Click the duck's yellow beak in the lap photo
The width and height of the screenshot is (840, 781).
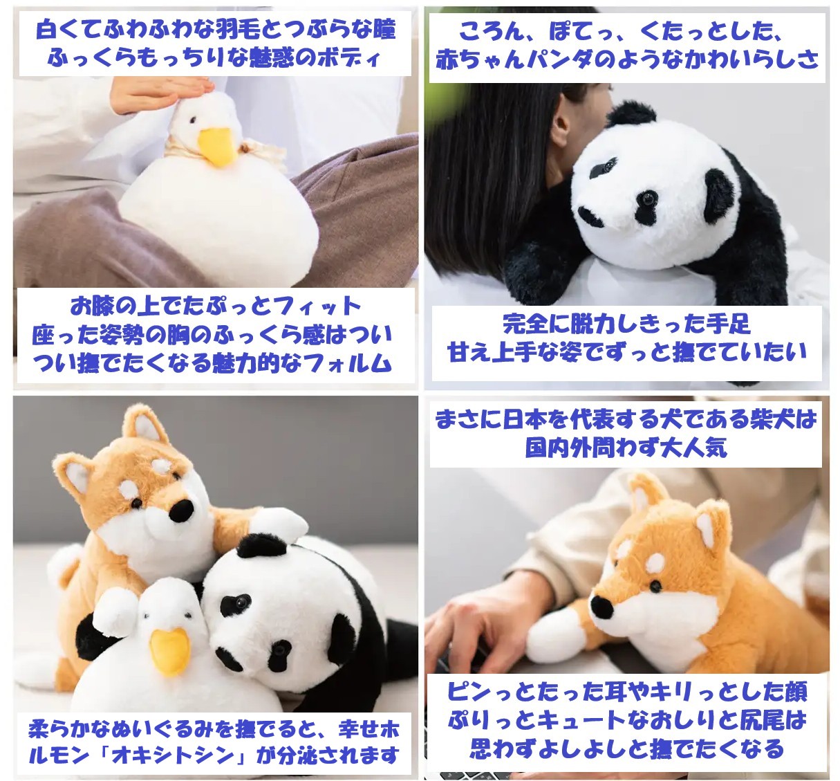216,147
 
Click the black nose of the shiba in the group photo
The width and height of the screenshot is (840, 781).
181,510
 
